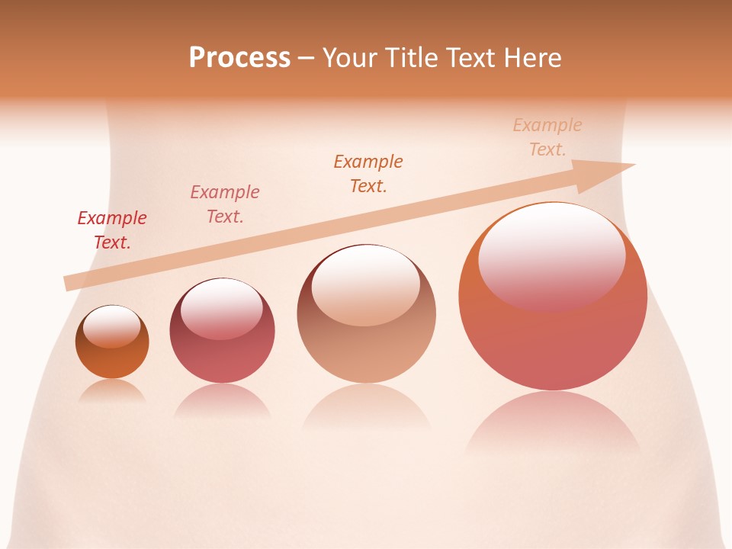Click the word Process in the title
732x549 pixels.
pos(239,58)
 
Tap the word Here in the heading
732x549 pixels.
pos(533,58)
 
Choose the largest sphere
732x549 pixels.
pos(553,343)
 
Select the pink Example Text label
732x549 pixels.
pos(225,204)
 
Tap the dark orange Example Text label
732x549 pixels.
pos(368,174)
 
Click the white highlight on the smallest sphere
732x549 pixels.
pos(112,326)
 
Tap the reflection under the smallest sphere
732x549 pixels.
pos(112,390)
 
